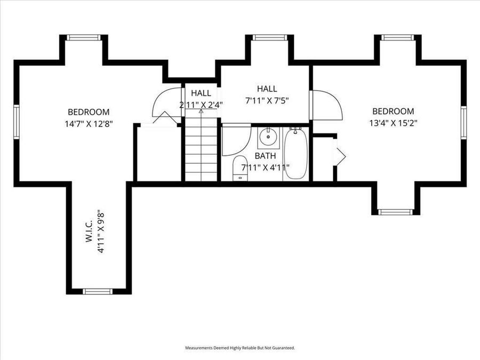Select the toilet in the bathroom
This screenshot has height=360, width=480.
pos(240,168)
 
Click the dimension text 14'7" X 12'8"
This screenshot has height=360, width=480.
pos(89,123)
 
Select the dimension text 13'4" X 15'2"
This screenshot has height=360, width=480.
pos(393,123)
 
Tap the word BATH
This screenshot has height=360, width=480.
pos(265,156)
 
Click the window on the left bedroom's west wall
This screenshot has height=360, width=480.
pos(17,121)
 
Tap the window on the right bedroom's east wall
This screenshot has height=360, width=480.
pos(463,122)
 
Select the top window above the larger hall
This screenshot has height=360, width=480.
pos(270,37)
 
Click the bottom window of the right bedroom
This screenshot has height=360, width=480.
pos(395,212)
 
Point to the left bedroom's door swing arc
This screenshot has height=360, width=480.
pos(163,101)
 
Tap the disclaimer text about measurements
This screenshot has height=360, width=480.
pos(239,348)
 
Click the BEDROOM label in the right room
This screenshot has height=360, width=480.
pos(393,111)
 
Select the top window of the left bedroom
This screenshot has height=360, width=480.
pos(83,37)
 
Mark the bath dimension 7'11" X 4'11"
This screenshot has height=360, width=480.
pos(265,167)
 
